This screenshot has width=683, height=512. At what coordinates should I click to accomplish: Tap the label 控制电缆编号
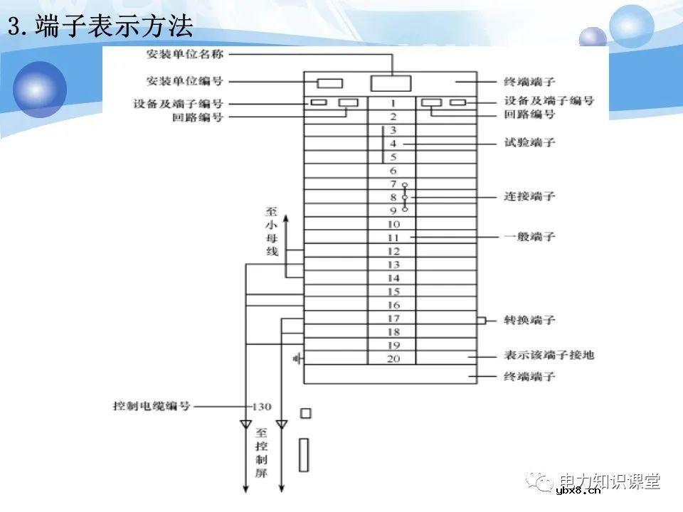[x=152, y=407]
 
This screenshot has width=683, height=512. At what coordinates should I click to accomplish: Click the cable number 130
[x=262, y=407]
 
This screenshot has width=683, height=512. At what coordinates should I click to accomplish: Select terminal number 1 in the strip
[x=392, y=103]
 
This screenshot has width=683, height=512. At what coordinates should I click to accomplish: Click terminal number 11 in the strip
[x=392, y=238]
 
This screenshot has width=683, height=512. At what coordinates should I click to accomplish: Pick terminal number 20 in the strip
[x=393, y=358]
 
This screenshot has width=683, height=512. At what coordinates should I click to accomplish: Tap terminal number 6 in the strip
[x=392, y=171]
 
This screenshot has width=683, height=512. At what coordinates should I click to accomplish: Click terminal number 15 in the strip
[x=393, y=292]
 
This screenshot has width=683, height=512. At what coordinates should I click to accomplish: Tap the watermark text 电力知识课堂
[x=610, y=481]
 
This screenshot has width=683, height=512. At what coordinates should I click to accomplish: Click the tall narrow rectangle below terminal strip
[x=305, y=455]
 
